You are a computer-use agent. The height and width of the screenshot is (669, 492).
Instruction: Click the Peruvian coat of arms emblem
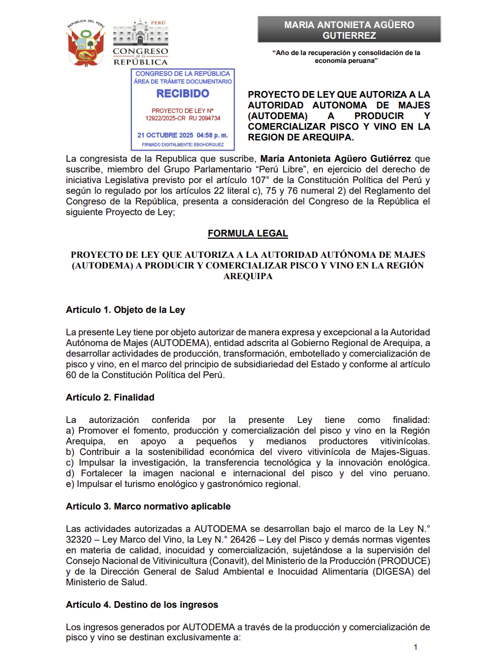[85, 43]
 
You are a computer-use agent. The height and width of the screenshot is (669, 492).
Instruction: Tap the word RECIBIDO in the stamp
[183, 94]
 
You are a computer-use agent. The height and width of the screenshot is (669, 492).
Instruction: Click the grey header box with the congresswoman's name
[349, 30]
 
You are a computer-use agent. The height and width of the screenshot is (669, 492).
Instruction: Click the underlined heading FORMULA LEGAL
[247, 233]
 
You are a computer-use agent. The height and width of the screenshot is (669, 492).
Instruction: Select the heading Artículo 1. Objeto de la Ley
[125, 310]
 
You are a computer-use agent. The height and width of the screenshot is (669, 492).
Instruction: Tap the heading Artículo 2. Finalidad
[110, 397]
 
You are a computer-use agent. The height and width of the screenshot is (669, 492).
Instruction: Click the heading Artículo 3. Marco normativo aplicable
[148, 506]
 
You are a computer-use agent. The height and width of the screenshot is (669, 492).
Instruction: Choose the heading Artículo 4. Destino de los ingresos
[142, 604]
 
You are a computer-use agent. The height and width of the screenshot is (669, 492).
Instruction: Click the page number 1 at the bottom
[415, 648]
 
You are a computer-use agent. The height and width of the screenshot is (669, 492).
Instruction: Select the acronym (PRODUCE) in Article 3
[404, 561]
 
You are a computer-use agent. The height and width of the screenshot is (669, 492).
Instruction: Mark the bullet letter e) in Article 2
[70, 484]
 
